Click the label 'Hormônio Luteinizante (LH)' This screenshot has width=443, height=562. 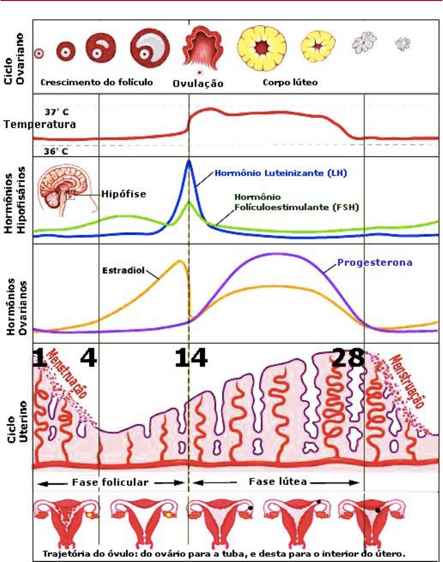(x=281, y=173)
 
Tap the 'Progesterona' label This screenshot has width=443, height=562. (x=375, y=262)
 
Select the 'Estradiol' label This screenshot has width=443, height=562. (x=122, y=270)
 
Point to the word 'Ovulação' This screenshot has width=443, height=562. (x=198, y=83)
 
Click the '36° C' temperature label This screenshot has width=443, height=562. (x=56, y=151)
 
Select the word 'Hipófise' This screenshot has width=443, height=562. (x=124, y=194)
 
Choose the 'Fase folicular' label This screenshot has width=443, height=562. (x=110, y=482)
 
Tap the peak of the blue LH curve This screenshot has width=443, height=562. (x=189, y=161)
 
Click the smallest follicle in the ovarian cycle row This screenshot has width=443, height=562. (x=38, y=52)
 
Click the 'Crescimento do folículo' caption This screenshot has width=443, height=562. (x=97, y=83)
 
